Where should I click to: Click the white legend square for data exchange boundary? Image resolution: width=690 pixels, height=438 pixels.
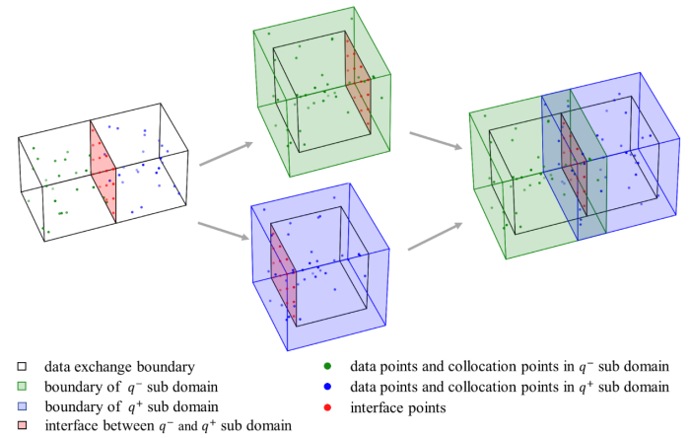(9, 367)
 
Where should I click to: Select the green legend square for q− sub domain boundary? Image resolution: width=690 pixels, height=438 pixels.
(9, 387)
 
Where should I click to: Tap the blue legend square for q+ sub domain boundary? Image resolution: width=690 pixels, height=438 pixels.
(9, 405)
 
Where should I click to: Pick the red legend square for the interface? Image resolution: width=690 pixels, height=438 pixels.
(9, 425)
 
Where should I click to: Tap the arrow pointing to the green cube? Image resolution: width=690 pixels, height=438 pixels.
(224, 153)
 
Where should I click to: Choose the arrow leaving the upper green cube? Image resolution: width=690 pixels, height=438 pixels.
(435, 141)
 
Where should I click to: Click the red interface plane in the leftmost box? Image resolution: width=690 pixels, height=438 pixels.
(103, 171)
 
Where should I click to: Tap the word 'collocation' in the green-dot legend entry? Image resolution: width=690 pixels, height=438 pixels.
(476, 367)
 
